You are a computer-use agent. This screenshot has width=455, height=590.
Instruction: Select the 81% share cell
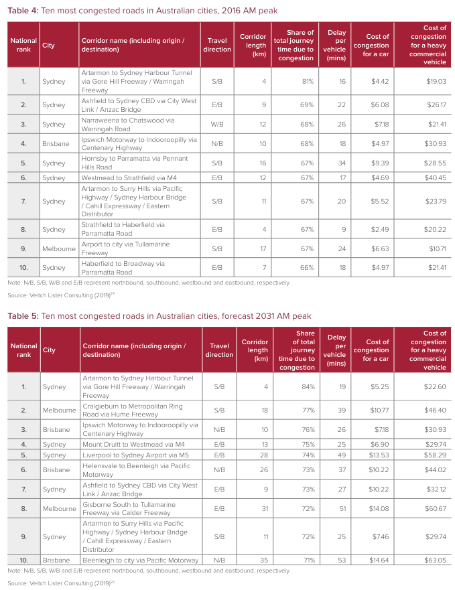tap(308, 81)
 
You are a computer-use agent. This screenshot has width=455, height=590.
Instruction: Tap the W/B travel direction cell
tap(217, 125)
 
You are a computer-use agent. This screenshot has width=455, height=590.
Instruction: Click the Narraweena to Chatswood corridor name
tap(127, 125)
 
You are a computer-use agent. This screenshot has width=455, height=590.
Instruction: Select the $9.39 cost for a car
tap(380, 162)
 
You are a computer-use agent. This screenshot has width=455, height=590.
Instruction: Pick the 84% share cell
tap(308, 386)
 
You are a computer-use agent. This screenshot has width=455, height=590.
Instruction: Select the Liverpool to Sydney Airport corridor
tap(136, 455)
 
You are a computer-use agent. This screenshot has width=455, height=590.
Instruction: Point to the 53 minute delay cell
tap(341, 560)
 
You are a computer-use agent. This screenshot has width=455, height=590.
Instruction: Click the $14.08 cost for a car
tap(380, 508)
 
